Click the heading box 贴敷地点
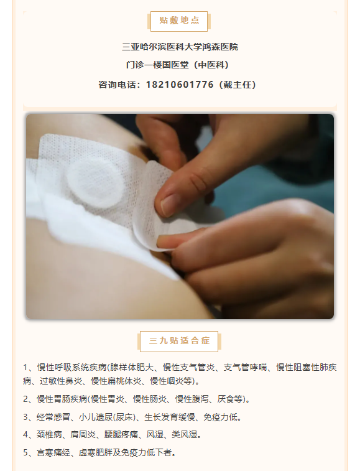click(179, 21)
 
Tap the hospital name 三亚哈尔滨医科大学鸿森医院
click(180, 47)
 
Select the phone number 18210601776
click(180, 85)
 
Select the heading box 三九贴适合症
click(179, 341)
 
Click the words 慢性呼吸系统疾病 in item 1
click(72, 367)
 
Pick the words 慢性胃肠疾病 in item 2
click(62, 399)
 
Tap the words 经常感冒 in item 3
click(53, 417)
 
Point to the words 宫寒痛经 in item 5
click(53, 452)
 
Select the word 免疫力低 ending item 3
click(220, 417)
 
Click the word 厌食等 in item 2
click(229, 399)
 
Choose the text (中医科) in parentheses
click(211, 65)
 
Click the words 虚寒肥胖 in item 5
click(96, 452)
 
